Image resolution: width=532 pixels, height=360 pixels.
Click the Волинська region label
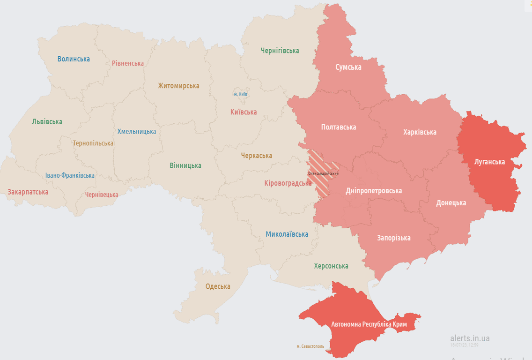74,59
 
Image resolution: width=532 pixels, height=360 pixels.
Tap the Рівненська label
128,63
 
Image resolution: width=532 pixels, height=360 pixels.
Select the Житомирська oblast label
178,86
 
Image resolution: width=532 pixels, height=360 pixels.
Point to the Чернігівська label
280,51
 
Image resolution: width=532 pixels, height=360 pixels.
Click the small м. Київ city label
241,94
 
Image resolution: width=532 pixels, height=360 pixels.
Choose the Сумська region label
348,67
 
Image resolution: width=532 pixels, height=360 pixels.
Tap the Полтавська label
339,127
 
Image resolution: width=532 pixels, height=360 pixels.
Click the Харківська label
420,132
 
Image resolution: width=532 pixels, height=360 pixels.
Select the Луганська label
489,162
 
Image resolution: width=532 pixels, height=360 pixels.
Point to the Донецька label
451,203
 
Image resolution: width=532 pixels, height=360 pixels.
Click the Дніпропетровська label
374,191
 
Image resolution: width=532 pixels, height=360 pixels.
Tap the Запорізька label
394,238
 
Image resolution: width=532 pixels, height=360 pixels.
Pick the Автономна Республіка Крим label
369,324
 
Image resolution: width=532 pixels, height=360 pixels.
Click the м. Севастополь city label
310,346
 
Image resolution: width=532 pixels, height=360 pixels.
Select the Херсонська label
331,266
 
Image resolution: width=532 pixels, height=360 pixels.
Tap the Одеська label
218,286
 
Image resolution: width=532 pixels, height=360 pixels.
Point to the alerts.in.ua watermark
470,338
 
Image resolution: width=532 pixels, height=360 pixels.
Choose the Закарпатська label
28,192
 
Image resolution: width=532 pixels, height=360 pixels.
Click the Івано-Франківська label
70,175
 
